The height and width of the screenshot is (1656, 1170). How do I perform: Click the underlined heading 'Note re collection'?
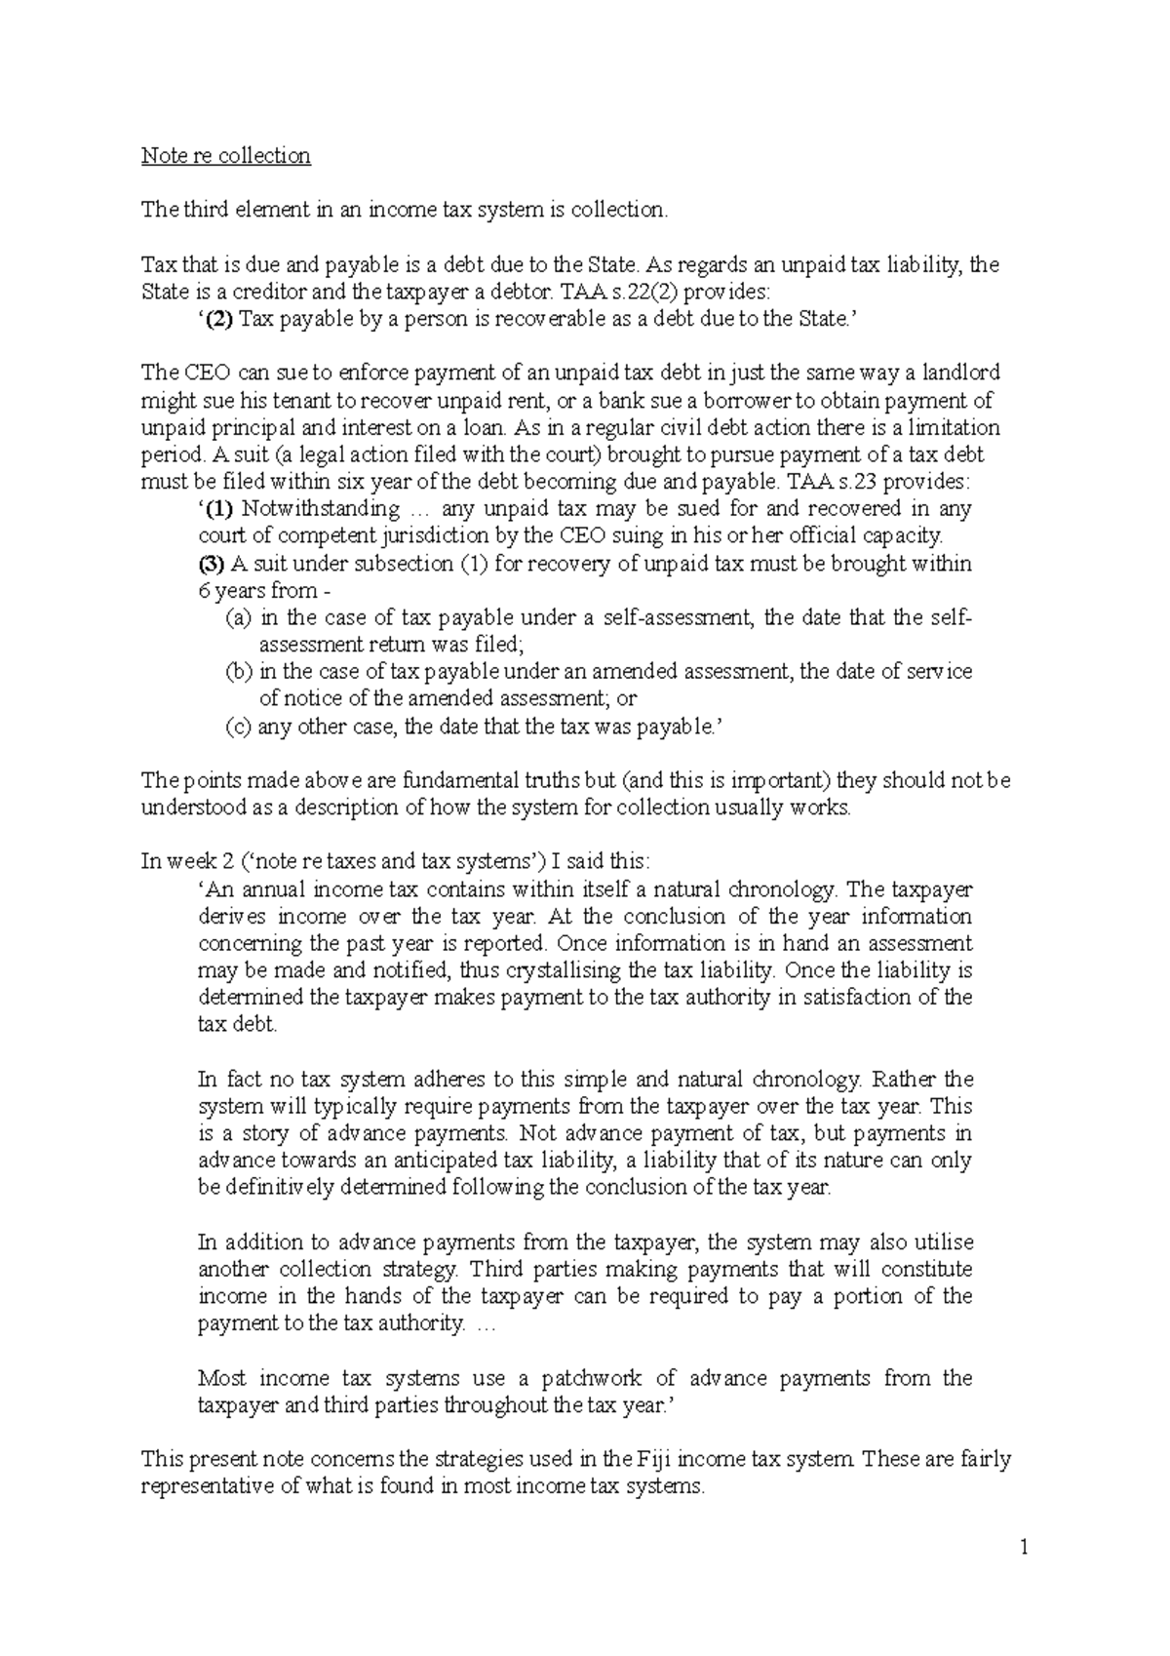coord(226,156)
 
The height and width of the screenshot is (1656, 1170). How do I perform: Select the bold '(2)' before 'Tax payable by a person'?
coord(219,319)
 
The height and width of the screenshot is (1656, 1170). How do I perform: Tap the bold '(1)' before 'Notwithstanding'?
coord(219,509)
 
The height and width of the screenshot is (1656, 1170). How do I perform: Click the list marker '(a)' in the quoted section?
coord(238,617)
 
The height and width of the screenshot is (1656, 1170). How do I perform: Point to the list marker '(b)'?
coord(238,671)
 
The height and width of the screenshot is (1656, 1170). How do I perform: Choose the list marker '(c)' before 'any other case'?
coord(238,727)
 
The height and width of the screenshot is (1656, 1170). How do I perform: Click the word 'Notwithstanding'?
coord(321,509)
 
